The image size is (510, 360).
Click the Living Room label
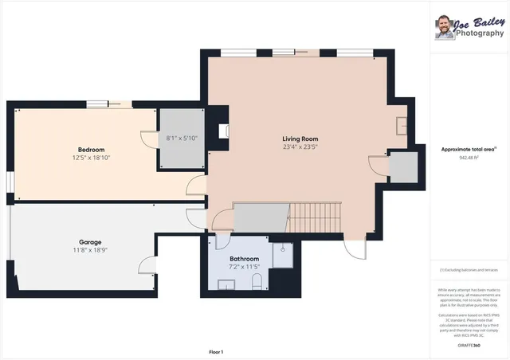click(x=300, y=138)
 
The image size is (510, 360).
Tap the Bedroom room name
click(x=91, y=149)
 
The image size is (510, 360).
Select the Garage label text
click(x=89, y=242)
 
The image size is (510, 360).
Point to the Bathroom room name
click(x=244, y=259)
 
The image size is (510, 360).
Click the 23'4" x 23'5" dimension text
click(x=300, y=147)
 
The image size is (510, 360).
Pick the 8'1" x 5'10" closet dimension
click(x=182, y=139)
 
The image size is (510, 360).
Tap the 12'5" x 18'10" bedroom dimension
click(x=91, y=158)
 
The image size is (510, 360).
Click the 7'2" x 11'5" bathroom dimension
click(x=244, y=268)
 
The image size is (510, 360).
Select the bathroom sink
click(x=226, y=285)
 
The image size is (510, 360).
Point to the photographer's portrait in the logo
click(x=444, y=27)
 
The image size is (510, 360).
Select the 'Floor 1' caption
click(x=215, y=351)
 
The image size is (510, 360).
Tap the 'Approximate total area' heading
click(x=469, y=149)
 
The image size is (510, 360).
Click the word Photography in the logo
click(x=479, y=33)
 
